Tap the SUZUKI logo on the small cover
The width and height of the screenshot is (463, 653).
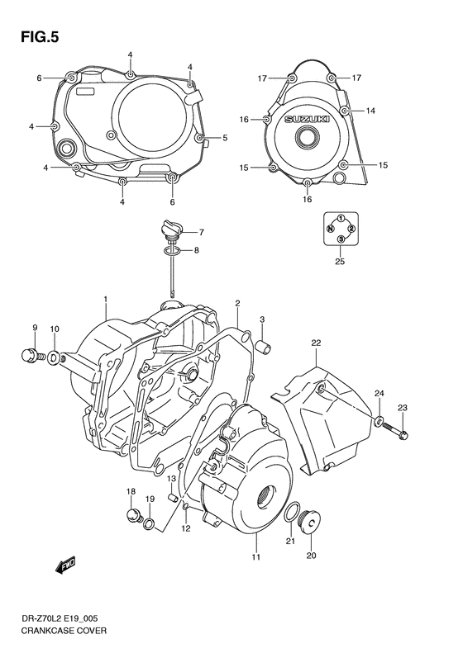[x=307, y=121]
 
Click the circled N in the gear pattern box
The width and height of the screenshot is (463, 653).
[x=331, y=227]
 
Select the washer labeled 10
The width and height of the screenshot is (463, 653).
[x=54, y=357]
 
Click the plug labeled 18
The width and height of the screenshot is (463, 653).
[x=130, y=518]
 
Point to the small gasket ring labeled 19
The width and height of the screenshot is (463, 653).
[x=148, y=524]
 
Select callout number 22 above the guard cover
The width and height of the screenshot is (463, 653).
[x=316, y=343]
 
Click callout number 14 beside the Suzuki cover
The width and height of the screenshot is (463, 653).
[x=371, y=110]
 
